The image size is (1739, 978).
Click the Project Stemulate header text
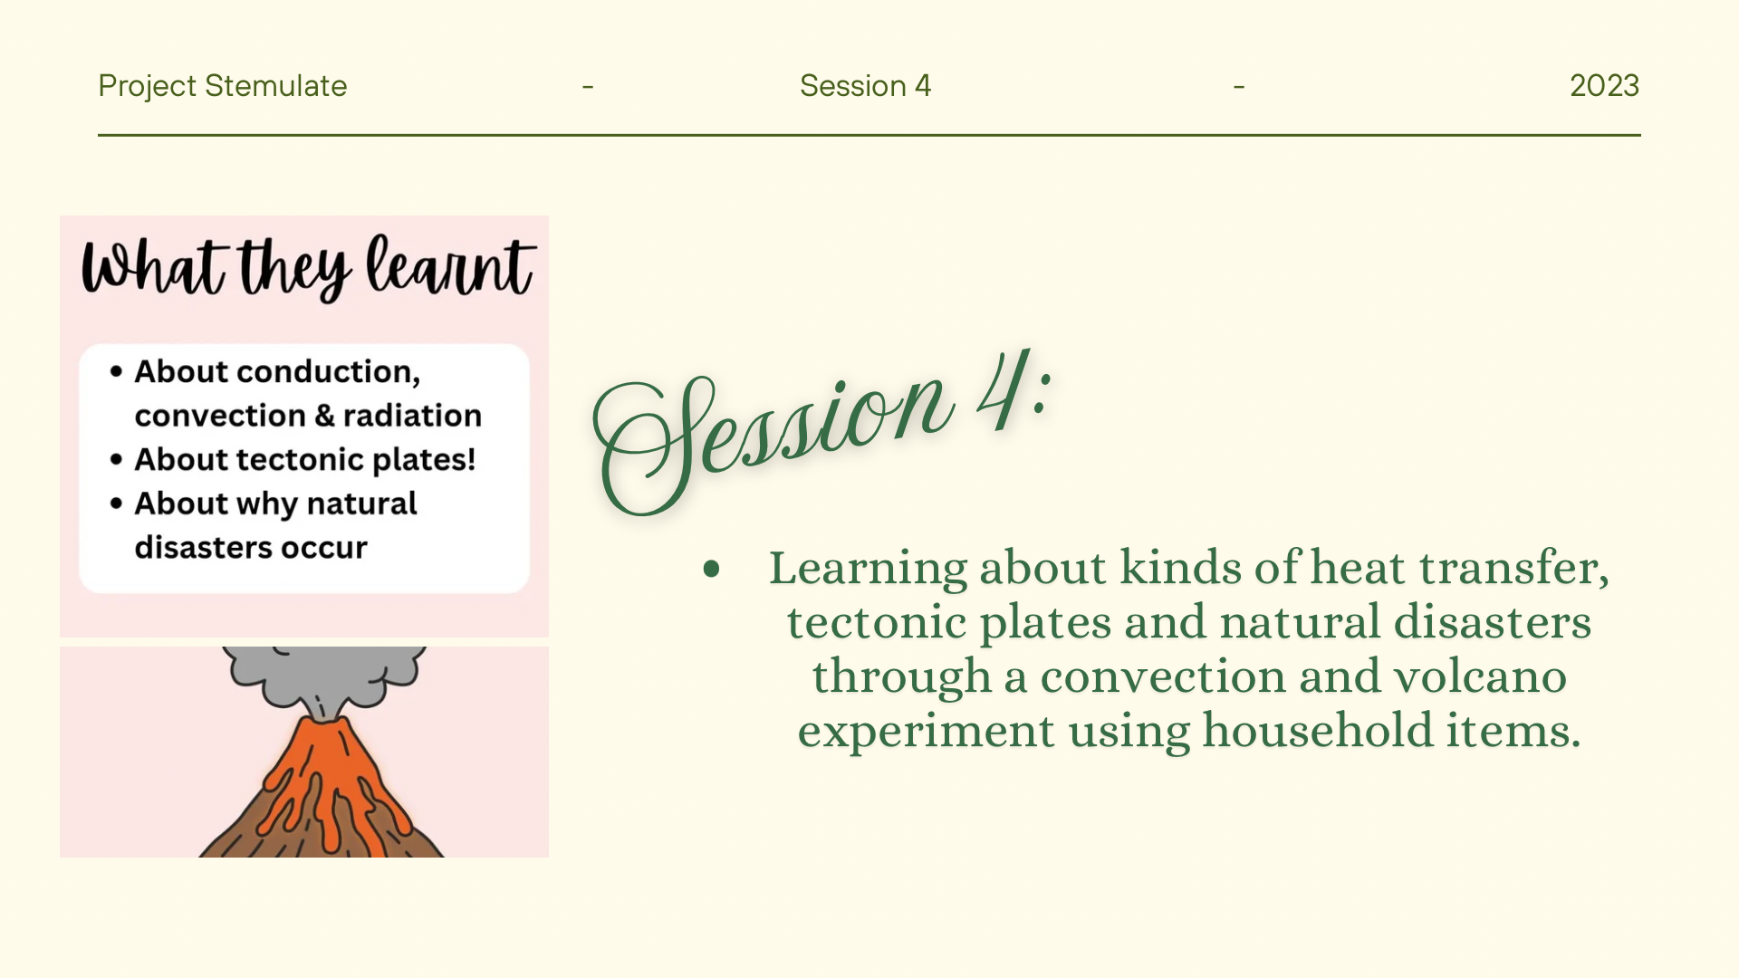222,86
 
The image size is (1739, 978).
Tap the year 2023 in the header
1604,86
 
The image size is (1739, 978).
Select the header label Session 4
865,86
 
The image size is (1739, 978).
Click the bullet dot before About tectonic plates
116,459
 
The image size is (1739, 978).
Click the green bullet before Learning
711,570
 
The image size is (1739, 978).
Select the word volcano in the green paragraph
1480,676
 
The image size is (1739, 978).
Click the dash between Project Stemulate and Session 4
588,87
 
